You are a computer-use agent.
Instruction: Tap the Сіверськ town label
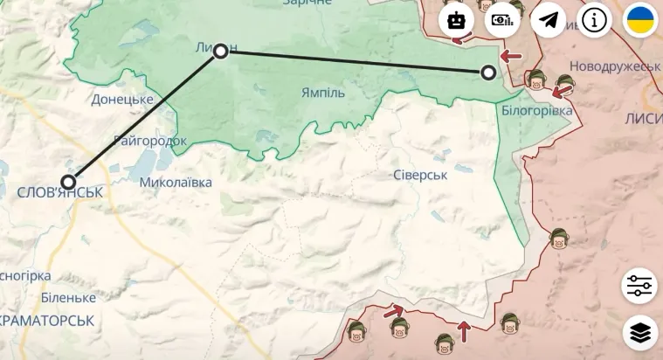point(419,175)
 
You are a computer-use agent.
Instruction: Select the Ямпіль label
point(322,93)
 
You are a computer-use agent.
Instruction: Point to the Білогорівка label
point(537,111)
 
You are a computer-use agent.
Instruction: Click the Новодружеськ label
point(614,66)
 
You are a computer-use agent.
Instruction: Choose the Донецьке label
point(122,100)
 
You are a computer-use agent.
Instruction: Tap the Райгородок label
point(150,140)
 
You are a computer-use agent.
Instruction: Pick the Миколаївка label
point(176,183)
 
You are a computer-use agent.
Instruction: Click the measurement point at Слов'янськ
point(68,182)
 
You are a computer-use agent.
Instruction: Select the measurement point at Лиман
point(221,51)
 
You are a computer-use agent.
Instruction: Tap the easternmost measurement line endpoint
point(488,73)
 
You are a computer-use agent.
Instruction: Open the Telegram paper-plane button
point(549,19)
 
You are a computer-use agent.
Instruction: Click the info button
point(595,19)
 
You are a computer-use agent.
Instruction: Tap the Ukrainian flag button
point(640,19)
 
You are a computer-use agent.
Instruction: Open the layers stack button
point(640,332)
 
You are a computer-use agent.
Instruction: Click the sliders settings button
point(640,286)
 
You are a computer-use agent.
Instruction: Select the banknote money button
point(502,19)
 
